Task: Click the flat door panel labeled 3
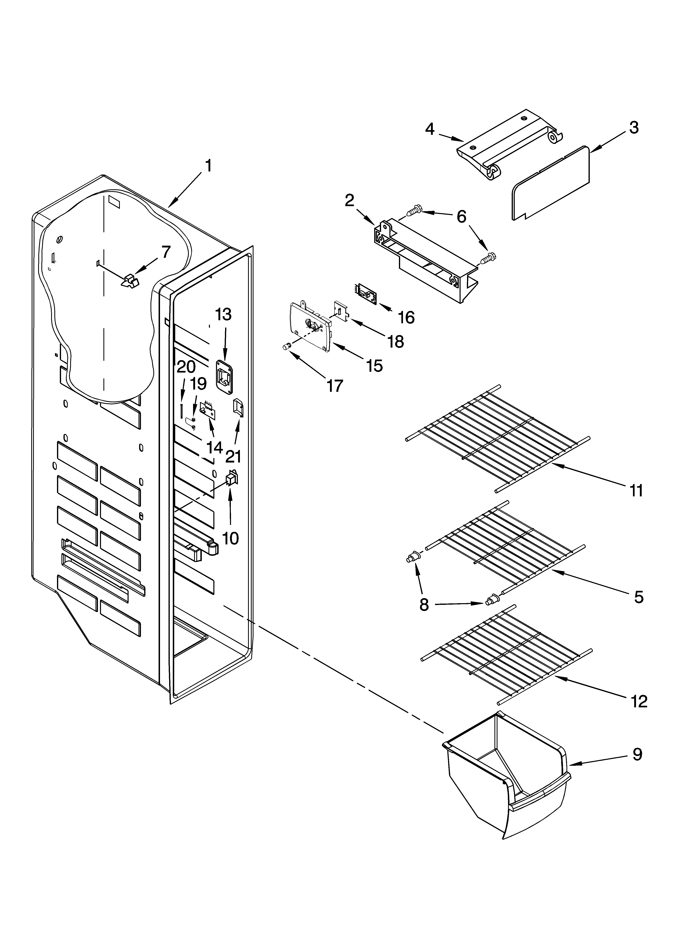click(550, 182)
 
